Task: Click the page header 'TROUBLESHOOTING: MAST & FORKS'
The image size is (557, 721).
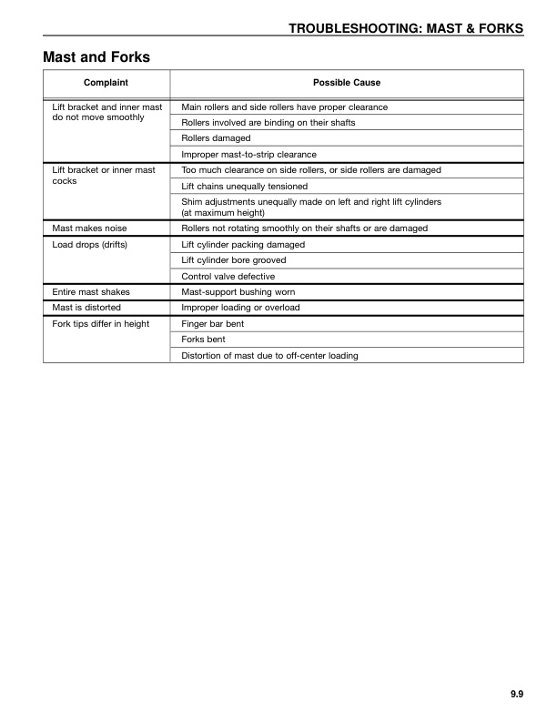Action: point(406,29)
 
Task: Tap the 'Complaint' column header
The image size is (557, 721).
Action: point(106,83)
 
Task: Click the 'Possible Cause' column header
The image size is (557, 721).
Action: point(347,83)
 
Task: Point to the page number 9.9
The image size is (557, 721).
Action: point(516,695)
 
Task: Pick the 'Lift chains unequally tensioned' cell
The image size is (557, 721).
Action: point(245,187)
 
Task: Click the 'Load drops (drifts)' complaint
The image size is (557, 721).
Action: point(90,244)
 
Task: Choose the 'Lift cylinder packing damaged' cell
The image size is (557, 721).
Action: point(243,244)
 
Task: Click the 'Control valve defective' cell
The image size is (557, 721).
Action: point(228,276)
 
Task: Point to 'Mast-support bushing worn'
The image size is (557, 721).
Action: point(238,292)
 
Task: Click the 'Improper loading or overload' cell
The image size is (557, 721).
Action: point(240,308)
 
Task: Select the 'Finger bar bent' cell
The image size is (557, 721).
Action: point(213,324)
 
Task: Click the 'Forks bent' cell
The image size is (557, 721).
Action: point(204,340)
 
